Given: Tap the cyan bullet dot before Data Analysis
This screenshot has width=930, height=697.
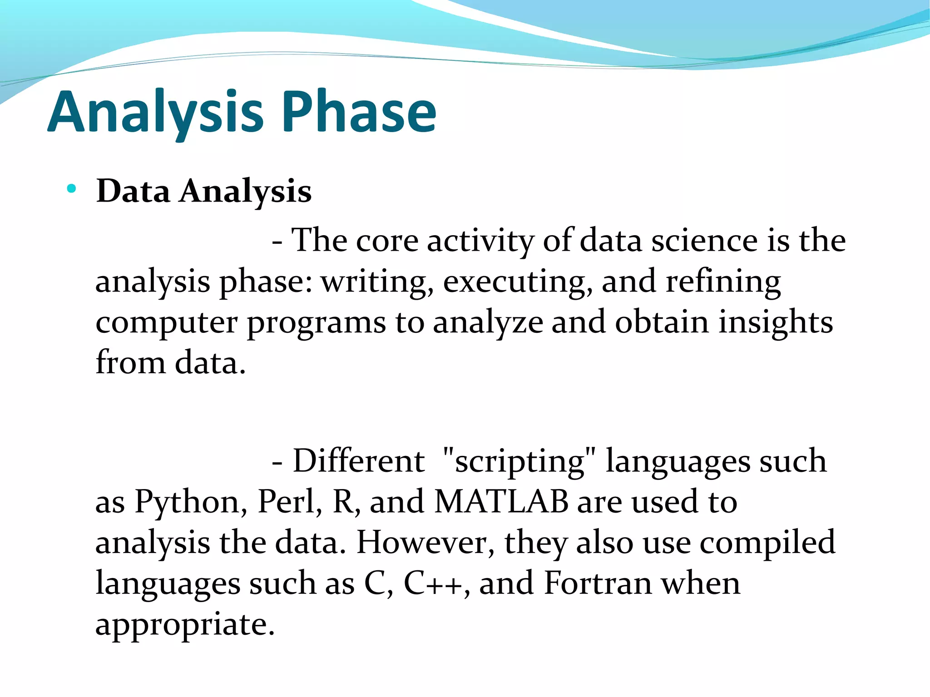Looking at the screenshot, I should tap(71, 189).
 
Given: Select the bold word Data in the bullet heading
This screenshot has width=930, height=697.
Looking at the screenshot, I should tap(133, 191).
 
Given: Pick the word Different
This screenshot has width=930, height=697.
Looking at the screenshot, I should tap(359, 461).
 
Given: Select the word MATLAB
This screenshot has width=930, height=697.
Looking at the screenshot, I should tap(501, 502).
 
